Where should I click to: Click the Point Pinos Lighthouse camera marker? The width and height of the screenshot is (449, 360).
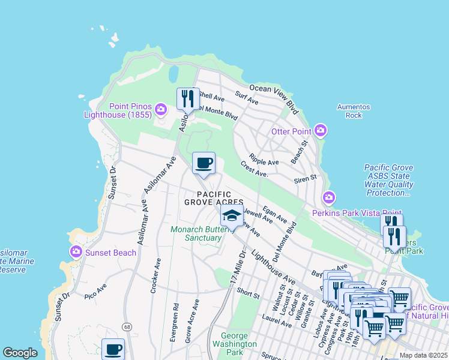click(x=160, y=109)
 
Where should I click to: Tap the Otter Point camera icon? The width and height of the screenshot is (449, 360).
click(x=321, y=130)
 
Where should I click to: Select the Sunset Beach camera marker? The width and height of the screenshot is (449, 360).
click(x=76, y=252)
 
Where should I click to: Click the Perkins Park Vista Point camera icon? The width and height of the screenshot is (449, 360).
click(x=328, y=197)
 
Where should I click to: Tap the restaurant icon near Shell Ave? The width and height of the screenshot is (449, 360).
click(x=187, y=98)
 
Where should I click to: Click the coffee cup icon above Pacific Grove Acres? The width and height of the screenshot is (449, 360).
click(x=203, y=163)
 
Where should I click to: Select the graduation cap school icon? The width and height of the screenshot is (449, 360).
click(x=232, y=216)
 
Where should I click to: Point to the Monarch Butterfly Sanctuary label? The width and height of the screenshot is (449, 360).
click(x=196, y=233)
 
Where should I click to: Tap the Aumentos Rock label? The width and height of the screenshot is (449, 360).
click(x=354, y=111)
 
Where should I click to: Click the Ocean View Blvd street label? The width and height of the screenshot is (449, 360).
click(x=274, y=97)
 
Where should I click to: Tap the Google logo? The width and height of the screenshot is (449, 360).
click(x=20, y=353)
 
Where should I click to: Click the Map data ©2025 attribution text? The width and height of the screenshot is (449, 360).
click(x=423, y=355)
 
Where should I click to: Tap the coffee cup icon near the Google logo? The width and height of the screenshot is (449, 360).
click(x=112, y=349)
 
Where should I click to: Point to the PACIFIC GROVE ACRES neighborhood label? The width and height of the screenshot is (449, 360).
click(x=213, y=198)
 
